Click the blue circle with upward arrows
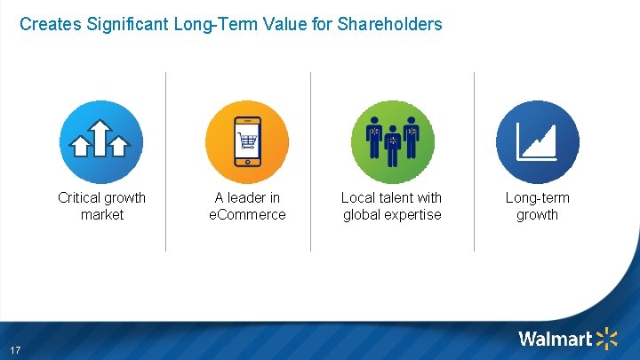tap(101, 142)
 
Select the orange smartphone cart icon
tap(246, 142)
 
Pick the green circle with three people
tap(392, 142)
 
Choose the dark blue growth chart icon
tap(537, 142)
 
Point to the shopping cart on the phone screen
tap(247, 141)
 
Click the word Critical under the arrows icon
tap(79, 197)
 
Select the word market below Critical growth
tap(101, 214)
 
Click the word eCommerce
tap(247, 214)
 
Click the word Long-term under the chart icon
tap(537, 197)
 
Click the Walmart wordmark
tap(555, 339)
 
